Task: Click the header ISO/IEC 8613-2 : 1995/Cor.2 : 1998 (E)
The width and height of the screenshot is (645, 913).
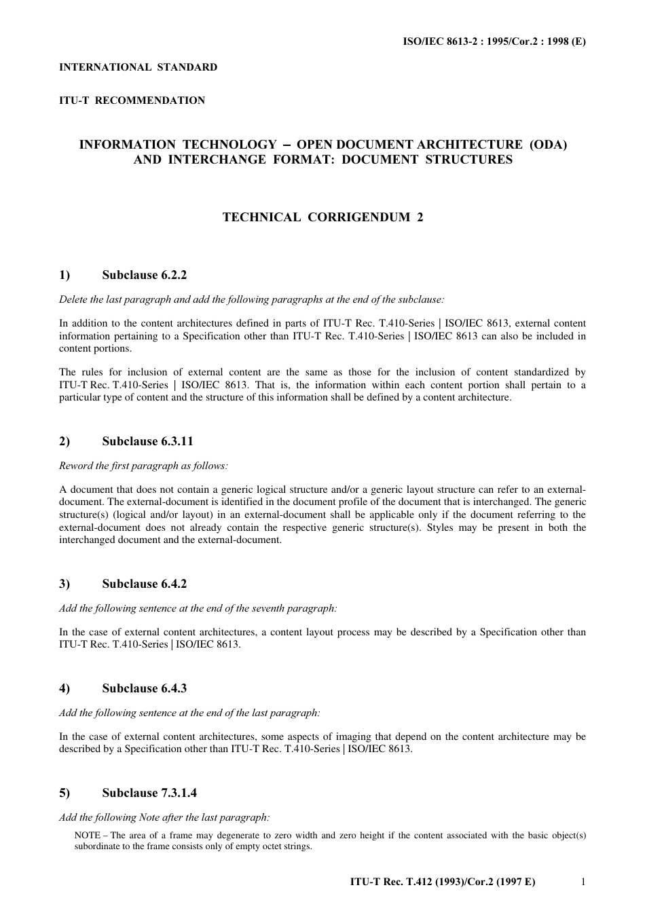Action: (494, 41)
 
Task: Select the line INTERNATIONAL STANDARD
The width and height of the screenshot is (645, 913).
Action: (139, 67)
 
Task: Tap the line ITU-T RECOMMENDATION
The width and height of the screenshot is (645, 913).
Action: (132, 100)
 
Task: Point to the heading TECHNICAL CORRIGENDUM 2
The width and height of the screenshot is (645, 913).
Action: (322, 217)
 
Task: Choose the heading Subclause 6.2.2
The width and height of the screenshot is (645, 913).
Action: (144, 275)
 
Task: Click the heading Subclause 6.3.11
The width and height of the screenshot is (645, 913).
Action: (147, 441)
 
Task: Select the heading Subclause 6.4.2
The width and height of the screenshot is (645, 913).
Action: (144, 584)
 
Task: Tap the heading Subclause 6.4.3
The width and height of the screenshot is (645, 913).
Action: (144, 688)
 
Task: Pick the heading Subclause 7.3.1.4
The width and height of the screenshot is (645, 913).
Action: (149, 793)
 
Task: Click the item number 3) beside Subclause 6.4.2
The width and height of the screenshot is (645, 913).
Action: (64, 584)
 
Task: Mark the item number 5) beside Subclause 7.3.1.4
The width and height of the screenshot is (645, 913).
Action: (64, 793)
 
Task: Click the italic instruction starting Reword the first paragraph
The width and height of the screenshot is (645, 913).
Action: (143, 466)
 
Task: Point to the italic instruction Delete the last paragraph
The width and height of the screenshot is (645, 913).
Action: (251, 299)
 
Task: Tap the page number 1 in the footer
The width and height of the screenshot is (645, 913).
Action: (583, 882)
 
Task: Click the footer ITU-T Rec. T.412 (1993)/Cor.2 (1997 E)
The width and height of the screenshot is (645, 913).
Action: (443, 882)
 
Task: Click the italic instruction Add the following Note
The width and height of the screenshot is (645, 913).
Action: (164, 817)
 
